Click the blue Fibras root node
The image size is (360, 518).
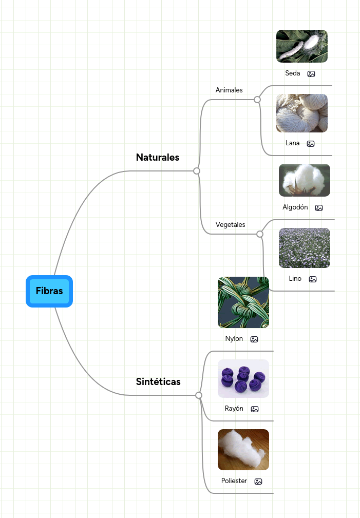[x=49, y=291]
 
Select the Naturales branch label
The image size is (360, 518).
[x=158, y=158]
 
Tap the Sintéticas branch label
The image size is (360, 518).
[x=158, y=381]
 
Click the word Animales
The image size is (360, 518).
[x=229, y=90]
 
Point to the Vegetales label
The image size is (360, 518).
[x=231, y=224]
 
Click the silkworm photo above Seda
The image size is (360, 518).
[x=301, y=46]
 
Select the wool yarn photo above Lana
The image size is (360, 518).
[x=301, y=113]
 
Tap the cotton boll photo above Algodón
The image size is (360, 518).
[x=304, y=180]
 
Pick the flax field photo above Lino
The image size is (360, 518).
[x=304, y=248]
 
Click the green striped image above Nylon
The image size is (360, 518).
[x=243, y=302]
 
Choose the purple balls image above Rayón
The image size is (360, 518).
[x=243, y=378]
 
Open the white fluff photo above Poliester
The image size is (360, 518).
[x=243, y=450]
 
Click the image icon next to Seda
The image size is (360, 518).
[x=311, y=74]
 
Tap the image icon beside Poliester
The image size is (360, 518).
[x=258, y=482]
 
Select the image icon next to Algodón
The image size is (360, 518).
[x=319, y=208]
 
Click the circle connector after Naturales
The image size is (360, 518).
[x=197, y=171]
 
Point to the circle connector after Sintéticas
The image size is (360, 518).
[x=199, y=395]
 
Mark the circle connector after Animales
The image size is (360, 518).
[x=257, y=100]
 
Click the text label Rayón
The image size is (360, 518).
[x=234, y=409]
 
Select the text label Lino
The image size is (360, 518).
[x=295, y=279]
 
